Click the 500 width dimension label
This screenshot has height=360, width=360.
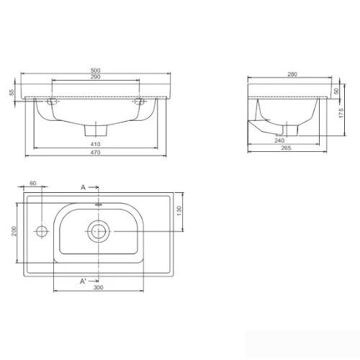[x=94, y=70]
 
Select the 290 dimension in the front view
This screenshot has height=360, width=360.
[x=94, y=76]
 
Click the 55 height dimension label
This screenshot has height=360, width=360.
[x=12, y=93]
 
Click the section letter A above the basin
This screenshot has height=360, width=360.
[x=83, y=187]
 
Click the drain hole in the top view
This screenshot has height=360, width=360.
[x=96, y=230]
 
